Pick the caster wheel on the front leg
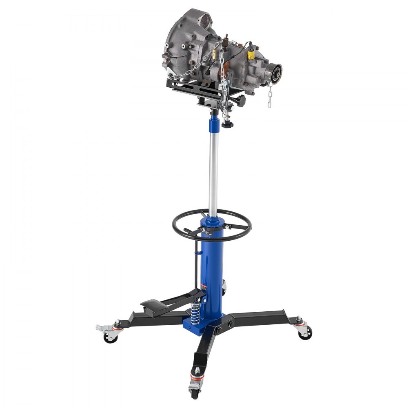click(195, 390)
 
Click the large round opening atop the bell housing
click(204, 19)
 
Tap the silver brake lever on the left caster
click(101, 328)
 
